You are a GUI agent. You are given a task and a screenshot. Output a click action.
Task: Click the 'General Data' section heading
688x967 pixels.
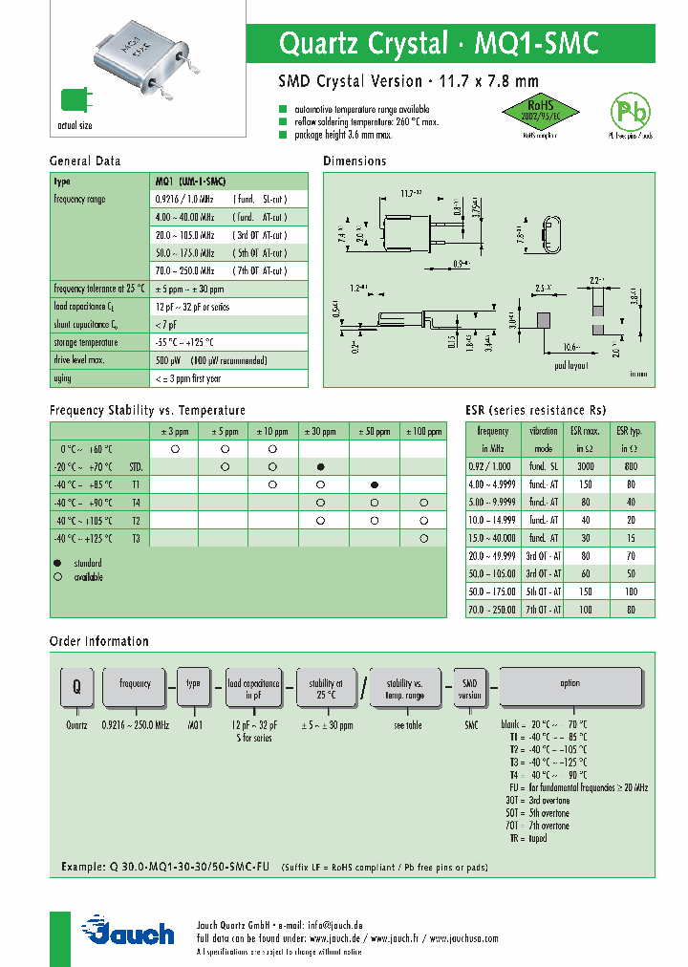tap(85, 161)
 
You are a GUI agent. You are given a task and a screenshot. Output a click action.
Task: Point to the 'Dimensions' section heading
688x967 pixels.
tap(355, 161)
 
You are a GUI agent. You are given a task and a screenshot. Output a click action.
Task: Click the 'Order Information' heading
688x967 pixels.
tap(99, 641)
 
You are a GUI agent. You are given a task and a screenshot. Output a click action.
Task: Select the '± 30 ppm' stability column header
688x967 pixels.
tap(323, 432)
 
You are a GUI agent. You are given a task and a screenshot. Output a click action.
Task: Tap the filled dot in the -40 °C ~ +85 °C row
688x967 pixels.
tap(374, 485)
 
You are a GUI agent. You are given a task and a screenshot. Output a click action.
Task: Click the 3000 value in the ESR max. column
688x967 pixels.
tap(585, 465)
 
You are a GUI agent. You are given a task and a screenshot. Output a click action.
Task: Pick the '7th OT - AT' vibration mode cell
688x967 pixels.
tap(544, 609)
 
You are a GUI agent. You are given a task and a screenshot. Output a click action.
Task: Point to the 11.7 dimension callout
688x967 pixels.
tap(411, 193)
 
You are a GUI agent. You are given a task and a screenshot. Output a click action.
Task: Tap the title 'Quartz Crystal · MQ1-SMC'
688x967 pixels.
tap(439, 43)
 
